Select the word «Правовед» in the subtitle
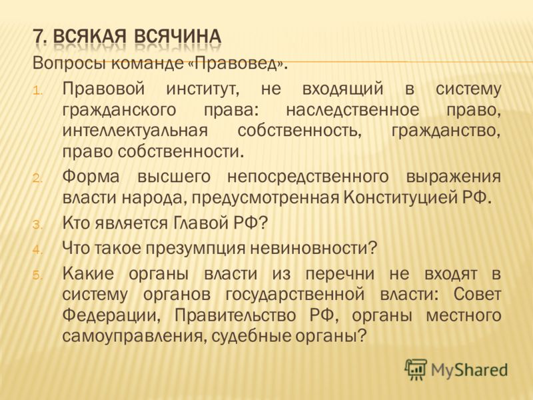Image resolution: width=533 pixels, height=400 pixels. click(235, 63)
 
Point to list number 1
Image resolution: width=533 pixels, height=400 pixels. click(38, 91)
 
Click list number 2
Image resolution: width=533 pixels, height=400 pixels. click(38, 179)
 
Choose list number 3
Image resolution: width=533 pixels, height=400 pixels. click(38, 225)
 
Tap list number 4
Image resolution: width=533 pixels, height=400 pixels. click(38, 250)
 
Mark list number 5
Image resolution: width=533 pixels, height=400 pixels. click(38, 275)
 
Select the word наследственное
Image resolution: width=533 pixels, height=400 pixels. click(352, 110)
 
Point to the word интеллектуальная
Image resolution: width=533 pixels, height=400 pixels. click(135, 131)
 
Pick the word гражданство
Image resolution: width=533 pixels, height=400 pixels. click(446, 131)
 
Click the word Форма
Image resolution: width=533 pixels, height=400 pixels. click(91, 177)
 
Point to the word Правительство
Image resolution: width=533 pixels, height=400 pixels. click(235, 315)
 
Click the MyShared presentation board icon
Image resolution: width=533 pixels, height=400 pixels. click(415, 369)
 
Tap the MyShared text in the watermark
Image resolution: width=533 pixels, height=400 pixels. click(470, 370)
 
